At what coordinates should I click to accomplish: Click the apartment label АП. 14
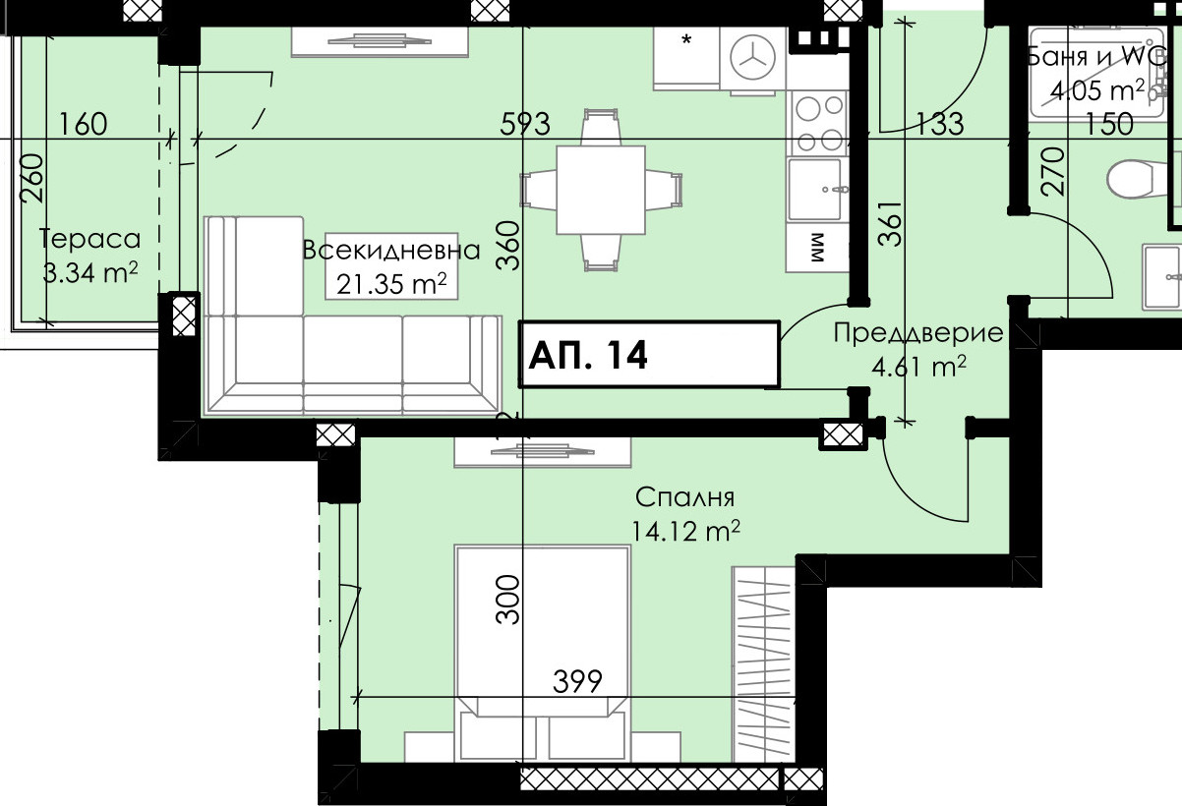pos(587,355)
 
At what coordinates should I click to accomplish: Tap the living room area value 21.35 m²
pos(391,284)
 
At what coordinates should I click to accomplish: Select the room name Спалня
pos(685,497)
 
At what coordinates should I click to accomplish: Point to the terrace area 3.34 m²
pos(90,272)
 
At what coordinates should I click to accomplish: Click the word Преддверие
pos(918,333)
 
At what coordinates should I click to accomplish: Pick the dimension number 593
pos(525,125)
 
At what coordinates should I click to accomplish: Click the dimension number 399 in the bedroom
pos(577,681)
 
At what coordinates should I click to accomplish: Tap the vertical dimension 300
pos(508,600)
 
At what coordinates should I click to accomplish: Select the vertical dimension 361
pos(890,224)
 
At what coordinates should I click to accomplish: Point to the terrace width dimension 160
pos(83,125)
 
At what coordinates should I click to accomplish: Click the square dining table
pos(601,190)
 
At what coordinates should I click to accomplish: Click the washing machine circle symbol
pos(753,58)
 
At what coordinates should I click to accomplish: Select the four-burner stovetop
pos(818,124)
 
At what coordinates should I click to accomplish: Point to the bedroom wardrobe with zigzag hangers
pos(763,664)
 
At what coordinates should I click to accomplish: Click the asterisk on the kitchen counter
pos(686,39)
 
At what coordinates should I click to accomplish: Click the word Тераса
pos(90,239)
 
